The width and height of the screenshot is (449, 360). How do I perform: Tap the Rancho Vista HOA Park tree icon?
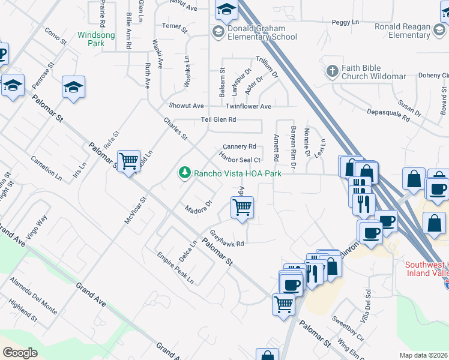point(185,173)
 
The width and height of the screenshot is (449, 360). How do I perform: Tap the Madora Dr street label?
point(199,208)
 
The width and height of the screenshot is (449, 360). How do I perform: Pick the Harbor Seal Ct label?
point(240,160)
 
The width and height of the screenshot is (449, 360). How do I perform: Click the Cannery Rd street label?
point(240,146)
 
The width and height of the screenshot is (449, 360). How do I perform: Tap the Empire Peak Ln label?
point(175,271)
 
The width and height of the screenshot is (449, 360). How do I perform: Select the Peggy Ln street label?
point(345,22)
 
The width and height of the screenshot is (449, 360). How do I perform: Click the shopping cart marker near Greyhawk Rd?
point(242,208)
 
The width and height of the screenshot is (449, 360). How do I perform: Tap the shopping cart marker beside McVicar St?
point(128,161)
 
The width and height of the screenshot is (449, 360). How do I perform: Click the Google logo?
point(20,353)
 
